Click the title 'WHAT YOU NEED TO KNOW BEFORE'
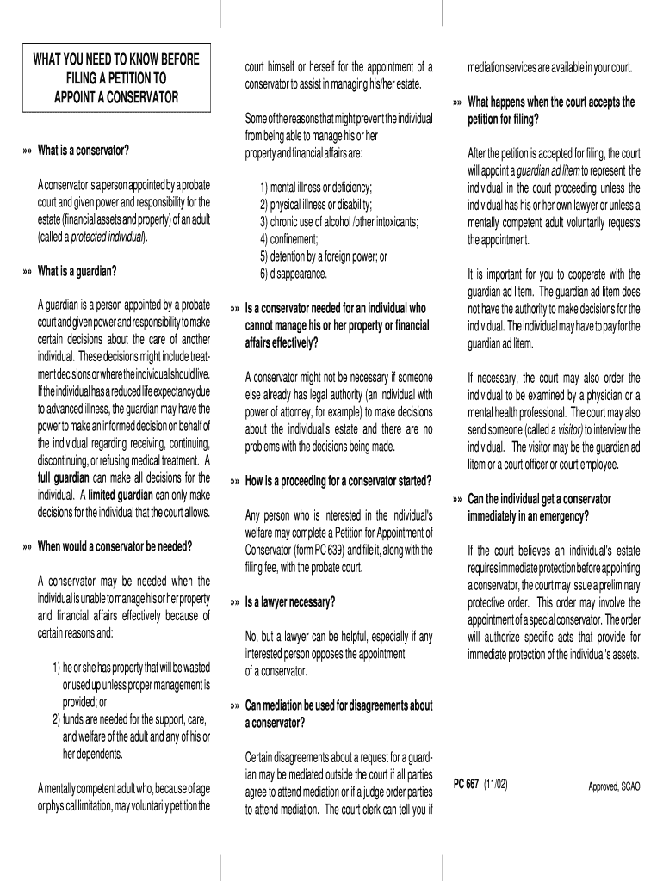[116, 60]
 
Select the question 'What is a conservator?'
[83, 151]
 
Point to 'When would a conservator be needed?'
[115, 546]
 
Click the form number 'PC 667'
[466, 785]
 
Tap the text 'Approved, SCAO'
[614, 786]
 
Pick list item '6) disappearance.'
[293, 274]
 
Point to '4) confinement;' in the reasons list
[288, 239]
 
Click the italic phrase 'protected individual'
[107, 237]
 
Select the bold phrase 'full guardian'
[66, 477]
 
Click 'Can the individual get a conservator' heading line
[539, 499]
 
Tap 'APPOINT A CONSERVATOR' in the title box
[116, 96]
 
